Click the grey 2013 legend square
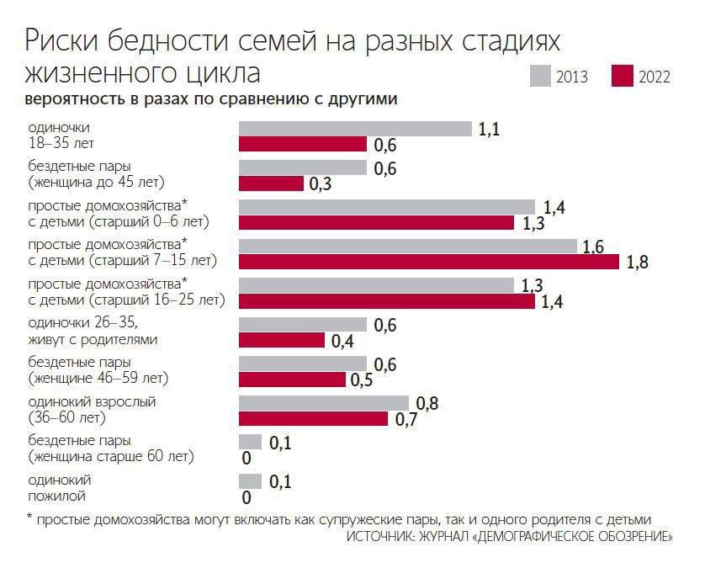pos(540,76)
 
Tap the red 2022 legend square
pos(623,76)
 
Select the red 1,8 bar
pos(430,262)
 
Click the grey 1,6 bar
pos(408,246)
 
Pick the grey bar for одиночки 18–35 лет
pos(355,129)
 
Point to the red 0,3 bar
pos(271,183)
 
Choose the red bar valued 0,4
pos(282,340)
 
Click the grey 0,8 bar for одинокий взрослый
pos(324,402)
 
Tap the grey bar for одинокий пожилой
pos(250,480)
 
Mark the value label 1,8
pos(637,263)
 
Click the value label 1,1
pos(489,129)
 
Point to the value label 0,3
pos(320,184)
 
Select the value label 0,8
pos(427,403)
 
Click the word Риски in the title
pos(61,40)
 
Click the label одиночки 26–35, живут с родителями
pos(93,332)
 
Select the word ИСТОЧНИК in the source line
pos(382,536)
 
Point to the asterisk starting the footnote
pos(29,518)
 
